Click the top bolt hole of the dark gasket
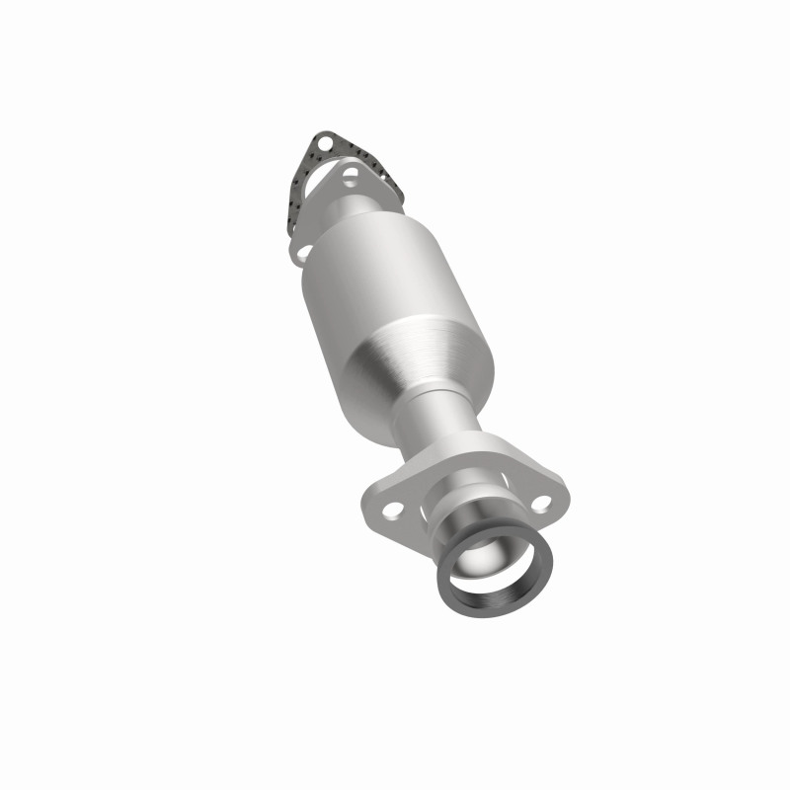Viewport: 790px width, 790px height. (x=325, y=143)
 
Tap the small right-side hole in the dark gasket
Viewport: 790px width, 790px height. (x=383, y=177)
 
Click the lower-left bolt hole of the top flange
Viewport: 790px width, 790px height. (x=305, y=252)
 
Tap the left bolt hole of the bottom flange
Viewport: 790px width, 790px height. (x=393, y=510)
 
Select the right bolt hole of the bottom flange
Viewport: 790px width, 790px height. (x=541, y=503)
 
